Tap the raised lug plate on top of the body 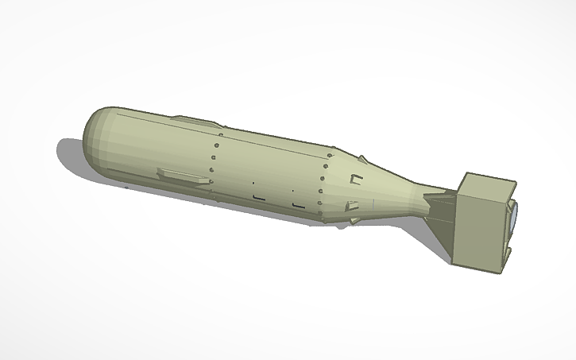(195, 122)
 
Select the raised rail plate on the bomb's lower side (184, 176)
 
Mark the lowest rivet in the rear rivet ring (319, 213)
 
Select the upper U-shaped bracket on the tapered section (357, 176)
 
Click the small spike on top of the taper (361, 157)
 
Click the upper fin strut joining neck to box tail (441, 193)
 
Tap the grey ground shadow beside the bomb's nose (72, 155)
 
